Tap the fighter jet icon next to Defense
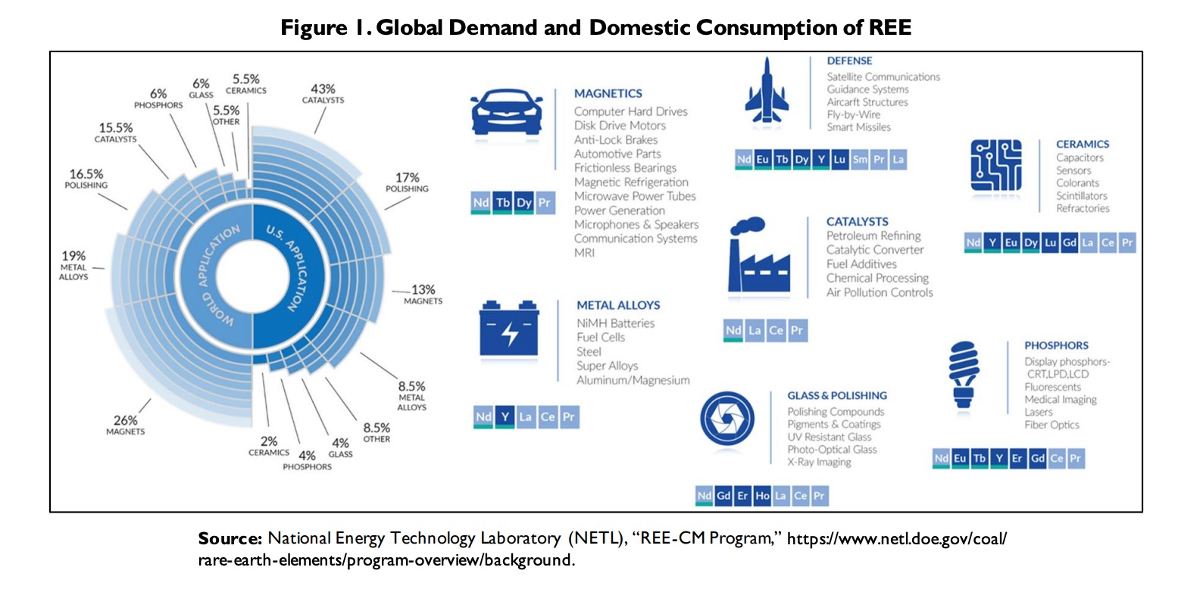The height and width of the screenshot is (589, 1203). [x=767, y=91]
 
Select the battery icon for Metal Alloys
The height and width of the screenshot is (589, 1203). [x=509, y=330]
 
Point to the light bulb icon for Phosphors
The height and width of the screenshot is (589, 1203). [x=964, y=374]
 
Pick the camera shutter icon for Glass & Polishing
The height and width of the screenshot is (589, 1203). [x=727, y=419]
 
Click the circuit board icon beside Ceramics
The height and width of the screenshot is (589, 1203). [x=995, y=165]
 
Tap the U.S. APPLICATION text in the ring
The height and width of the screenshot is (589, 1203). [x=287, y=267]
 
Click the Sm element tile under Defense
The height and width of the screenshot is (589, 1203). [x=860, y=160]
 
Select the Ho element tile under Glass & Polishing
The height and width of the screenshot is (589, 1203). [x=762, y=496]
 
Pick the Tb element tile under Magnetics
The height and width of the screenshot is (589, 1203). [x=503, y=203]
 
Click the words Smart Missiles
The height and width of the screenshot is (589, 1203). [x=858, y=127]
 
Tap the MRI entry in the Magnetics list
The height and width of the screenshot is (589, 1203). [x=584, y=253]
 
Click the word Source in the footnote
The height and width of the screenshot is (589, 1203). [x=230, y=538]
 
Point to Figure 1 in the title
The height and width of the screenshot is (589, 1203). [x=324, y=28]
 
